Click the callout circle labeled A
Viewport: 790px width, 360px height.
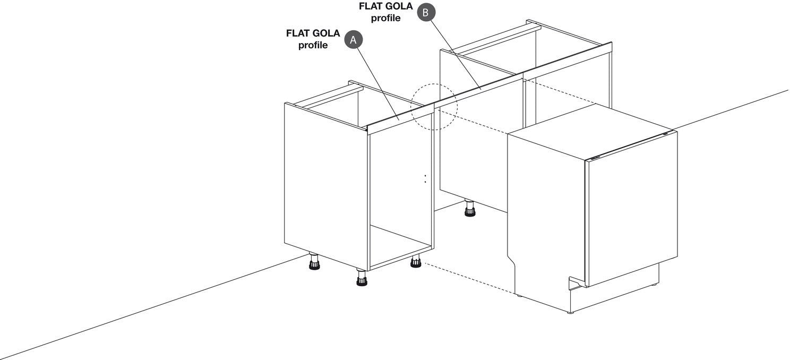click(354, 40)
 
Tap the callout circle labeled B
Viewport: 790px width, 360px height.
click(426, 12)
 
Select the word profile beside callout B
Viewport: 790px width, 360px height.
click(385, 18)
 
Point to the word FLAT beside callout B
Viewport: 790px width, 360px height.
click(371, 6)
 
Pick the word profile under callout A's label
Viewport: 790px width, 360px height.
click(313, 45)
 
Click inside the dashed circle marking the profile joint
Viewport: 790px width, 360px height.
click(434, 107)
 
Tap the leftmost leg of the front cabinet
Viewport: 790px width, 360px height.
click(314, 261)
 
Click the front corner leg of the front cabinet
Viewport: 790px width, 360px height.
click(362, 277)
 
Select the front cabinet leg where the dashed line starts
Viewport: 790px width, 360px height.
click(416, 261)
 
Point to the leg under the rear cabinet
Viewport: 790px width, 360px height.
click(470, 208)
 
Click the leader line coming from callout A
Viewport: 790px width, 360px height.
click(377, 84)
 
